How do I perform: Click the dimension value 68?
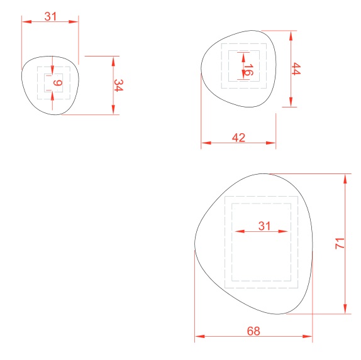(x=253, y=331)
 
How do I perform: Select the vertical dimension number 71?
(x=340, y=244)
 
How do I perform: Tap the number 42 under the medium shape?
(x=238, y=138)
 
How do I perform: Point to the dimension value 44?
(x=296, y=68)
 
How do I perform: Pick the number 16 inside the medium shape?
(x=248, y=70)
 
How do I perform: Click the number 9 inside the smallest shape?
(x=58, y=82)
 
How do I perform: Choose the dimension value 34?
(x=119, y=85)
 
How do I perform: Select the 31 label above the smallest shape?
(x=50, y=16)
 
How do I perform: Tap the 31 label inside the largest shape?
(x=264, y=226)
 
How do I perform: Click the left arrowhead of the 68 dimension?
(x=200, y=336)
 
